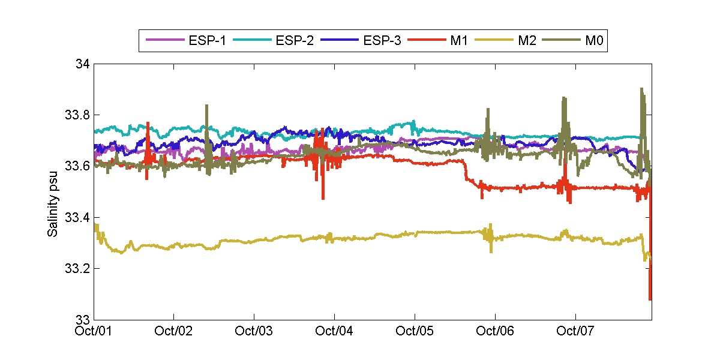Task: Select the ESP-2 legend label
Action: (x=295, y=41)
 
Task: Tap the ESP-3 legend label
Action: (x=382, y=41)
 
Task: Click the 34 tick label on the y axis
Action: (x=83, y=64)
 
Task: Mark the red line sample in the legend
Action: (x=427, y=41)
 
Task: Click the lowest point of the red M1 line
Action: (x=650, y=299)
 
